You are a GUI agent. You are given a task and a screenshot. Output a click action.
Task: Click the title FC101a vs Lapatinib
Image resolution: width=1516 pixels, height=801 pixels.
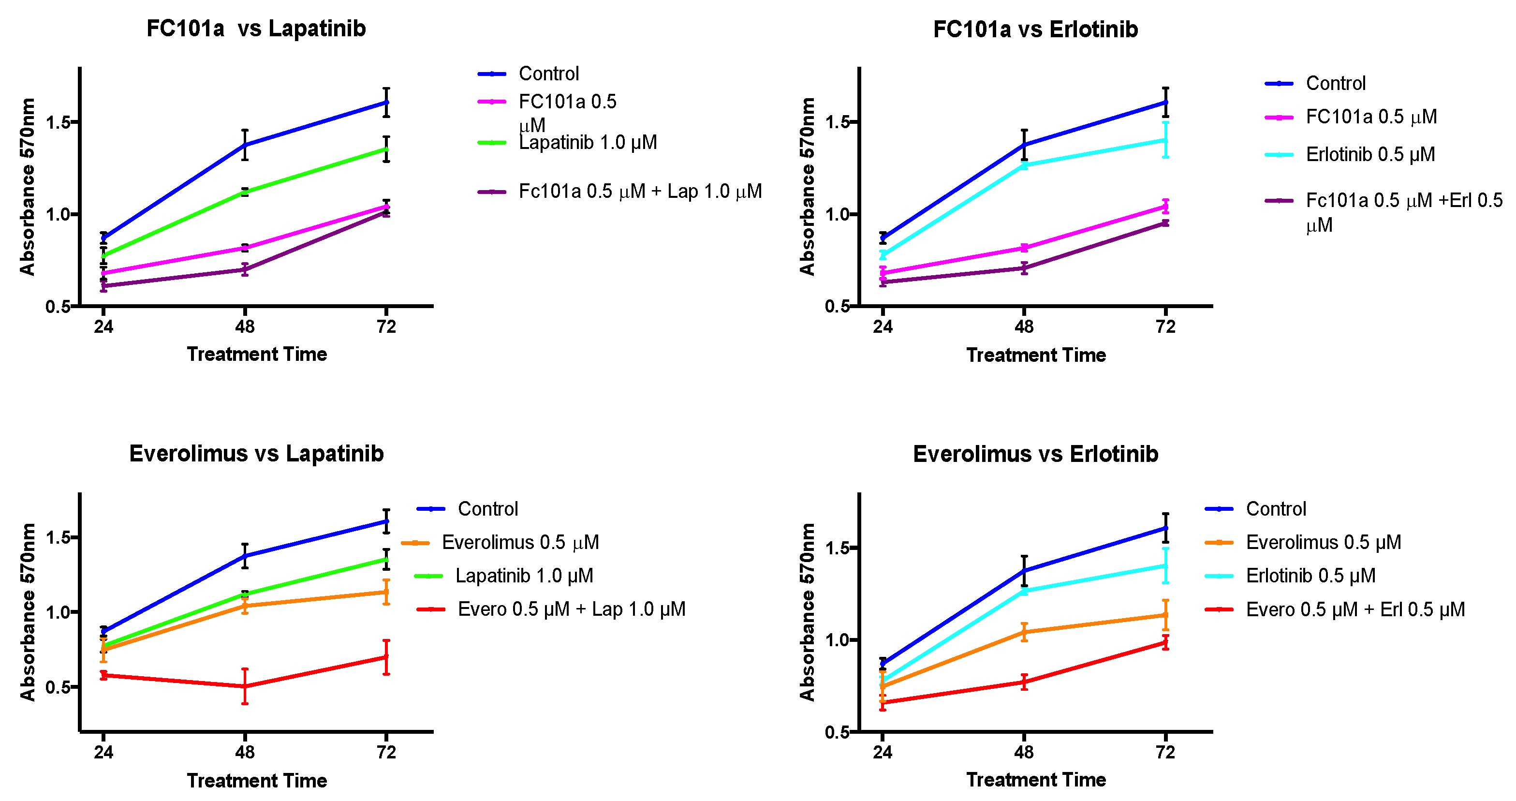click(x=256, y=28)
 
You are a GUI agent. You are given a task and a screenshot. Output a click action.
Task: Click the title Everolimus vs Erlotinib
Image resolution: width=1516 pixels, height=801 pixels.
click(x=1035, y=454)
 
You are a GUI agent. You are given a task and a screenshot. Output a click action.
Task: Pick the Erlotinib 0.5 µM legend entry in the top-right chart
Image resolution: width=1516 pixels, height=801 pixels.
click(x=1370, y=155)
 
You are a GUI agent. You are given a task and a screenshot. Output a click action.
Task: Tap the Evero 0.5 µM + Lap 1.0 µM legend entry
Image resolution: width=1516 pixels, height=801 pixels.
click(x=571, y=609)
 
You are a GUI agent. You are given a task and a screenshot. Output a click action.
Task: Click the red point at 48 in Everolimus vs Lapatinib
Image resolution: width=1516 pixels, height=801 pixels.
click(x=245, y=686)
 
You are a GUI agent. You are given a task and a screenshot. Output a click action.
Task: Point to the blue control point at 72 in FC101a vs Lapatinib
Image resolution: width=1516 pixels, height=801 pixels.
click(x=386, y=103)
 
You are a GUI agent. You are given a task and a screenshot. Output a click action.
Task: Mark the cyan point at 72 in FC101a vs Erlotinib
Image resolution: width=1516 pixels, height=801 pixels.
click(x=1165, y=140)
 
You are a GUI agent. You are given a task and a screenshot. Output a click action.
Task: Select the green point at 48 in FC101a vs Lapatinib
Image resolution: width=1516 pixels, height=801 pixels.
click(x=245, y=192)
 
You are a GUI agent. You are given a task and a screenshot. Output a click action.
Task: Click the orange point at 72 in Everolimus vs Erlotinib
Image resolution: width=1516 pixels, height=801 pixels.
click(x=1165, y=615)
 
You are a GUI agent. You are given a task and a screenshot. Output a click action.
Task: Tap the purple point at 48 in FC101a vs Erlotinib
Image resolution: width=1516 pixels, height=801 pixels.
click(x=1024, y=268)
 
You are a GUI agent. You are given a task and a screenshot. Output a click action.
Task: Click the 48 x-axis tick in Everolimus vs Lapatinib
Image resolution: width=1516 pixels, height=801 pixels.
click(x=245, y=752)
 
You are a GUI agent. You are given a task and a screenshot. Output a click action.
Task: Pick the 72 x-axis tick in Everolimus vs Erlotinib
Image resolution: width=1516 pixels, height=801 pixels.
click(x=1165, y=752)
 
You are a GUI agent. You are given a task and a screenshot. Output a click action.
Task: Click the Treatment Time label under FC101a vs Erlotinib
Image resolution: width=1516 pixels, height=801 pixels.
click(x=1036, y=355)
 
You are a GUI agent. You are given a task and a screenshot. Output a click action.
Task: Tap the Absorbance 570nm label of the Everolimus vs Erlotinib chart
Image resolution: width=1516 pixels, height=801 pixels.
click(x=808, y=612)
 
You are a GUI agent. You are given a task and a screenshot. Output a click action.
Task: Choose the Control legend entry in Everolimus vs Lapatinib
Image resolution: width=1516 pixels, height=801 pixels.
click(x=487, y=509)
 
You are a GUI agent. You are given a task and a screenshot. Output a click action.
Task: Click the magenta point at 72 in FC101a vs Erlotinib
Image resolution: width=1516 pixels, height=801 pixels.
click(x=1165, y=206)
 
